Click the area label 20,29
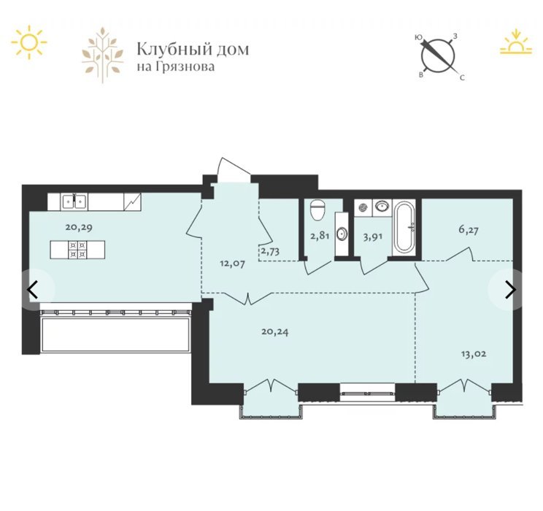coord(79,228)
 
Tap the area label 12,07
coord(232,264)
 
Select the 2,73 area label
coord(270,251)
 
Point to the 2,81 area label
coord(320,236)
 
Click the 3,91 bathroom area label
coord(373,237)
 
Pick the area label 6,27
coord(469,230)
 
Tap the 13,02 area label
coord(474,354)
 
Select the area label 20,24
coord(275,332)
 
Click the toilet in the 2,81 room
coord(318,211)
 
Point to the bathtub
coord(404,226)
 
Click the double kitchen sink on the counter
coord(74,201)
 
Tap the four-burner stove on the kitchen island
coord(77,250)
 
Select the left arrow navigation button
coord(34,290)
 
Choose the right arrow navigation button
coord(510,290)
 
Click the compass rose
coord(438,55)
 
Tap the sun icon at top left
coord(29,42)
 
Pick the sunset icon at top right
coord(516,42)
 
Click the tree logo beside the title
coord(102,55)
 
